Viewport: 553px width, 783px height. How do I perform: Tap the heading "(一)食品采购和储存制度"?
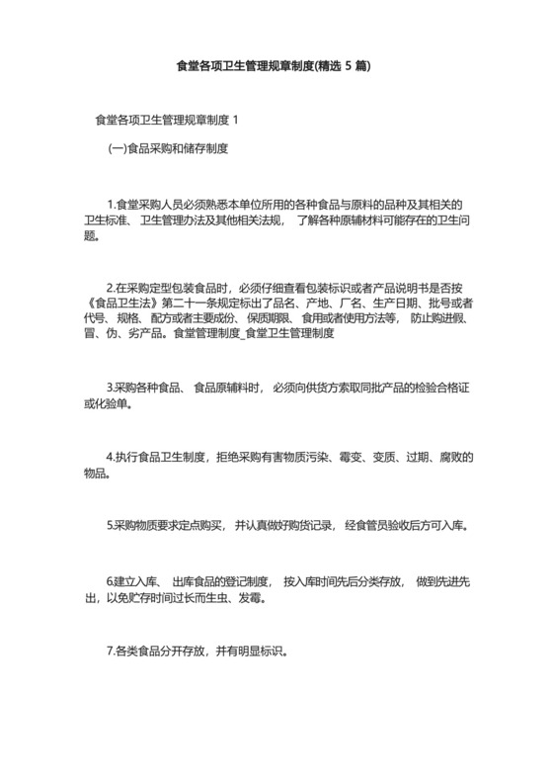point(168,149)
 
